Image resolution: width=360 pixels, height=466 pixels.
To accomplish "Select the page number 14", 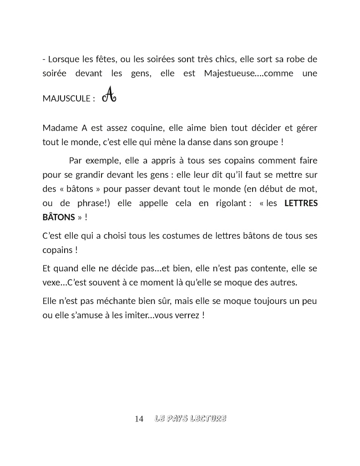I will click(139, 419).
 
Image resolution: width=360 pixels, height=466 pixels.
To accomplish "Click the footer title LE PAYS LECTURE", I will click(190, 419).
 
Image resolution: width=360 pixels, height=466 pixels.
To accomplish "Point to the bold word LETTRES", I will click(301, 204).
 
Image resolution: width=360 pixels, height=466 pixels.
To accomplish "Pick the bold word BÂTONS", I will click(58, 218).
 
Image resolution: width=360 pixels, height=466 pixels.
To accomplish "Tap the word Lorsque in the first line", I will click(64, 59).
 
